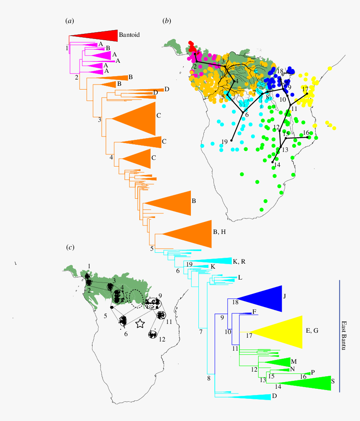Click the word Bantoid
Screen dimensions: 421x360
point(130,35)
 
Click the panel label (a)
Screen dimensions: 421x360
point(69,21)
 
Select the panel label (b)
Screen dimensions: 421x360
point(167,21)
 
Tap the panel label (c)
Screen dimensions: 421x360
point(70,248)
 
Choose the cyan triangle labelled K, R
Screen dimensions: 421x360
point(218,261)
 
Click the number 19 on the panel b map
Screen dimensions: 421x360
point(224,141)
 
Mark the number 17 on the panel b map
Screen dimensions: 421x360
point(305,89)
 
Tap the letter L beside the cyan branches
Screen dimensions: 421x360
point(240,277)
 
